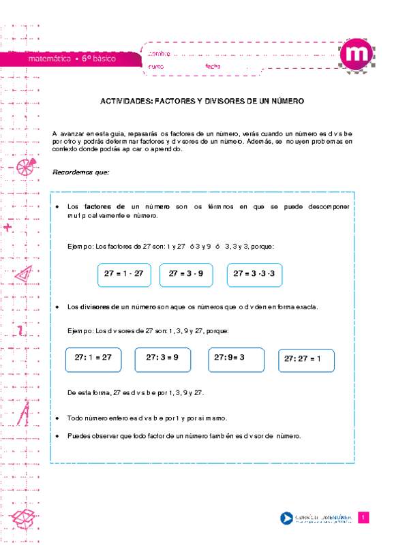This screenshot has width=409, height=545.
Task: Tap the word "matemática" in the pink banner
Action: (50, 59)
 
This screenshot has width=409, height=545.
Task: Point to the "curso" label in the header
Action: (156, 66)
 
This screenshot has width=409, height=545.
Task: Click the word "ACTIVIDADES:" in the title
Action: (125, 100)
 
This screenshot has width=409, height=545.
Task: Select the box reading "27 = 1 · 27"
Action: (124, 273)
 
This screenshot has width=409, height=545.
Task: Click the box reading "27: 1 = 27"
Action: (93, 358)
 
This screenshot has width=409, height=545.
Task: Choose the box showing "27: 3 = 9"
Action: (162, 358)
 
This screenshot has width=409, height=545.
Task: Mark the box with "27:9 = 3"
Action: (236, 358)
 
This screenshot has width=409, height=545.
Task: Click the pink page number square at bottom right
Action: (364, 518)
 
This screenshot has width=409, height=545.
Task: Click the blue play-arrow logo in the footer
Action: (286, 519)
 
